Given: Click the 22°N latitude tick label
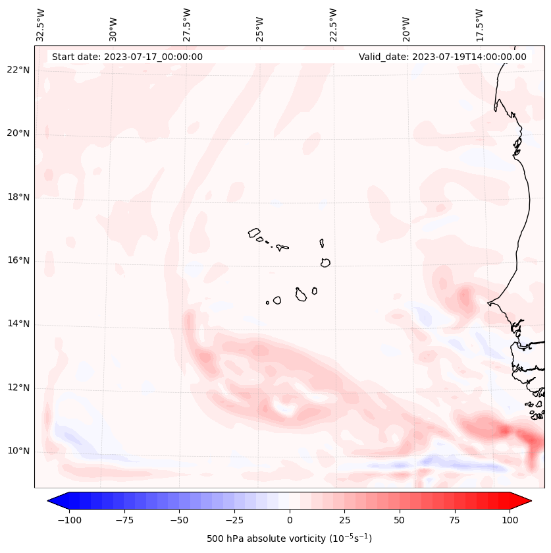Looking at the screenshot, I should click(x=18, y=70).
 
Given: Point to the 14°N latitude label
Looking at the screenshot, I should click(x=18, y=324).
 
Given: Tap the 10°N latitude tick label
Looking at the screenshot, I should click(x=18, y=451).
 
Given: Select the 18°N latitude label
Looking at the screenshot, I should click(x=18, y=197).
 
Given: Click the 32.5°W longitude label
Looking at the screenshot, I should click(x=41, y=24).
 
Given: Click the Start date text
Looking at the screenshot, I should click(x=127, y=57).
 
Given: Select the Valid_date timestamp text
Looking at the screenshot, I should click(x=442, y=57).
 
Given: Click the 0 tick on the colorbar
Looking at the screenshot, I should click(x=290, y=520).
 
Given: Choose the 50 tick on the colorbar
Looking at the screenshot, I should click(x=399, y=520).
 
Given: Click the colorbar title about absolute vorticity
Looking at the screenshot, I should click(x=289, y=538).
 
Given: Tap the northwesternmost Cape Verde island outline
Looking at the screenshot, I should click(x=254, y=233).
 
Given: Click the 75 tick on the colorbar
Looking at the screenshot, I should click(x=454, y=520).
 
